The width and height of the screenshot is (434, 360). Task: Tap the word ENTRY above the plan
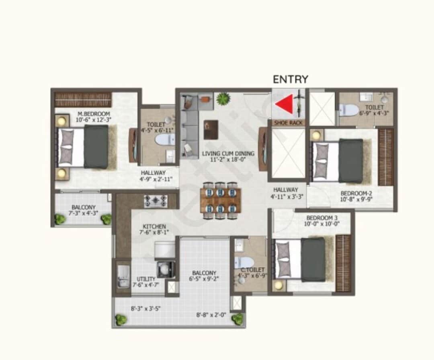pos(291,79)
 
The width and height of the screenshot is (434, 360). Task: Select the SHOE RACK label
pos(288,122)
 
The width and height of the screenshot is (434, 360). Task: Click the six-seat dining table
pos(221,200)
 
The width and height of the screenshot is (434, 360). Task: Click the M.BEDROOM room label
pos(94,114)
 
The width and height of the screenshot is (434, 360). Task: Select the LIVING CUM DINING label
pos(228,153)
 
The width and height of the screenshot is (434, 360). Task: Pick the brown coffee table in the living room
pos(211,130)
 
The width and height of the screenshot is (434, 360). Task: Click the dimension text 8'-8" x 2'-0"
pos(211,315)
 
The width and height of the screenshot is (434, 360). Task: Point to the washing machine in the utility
pos(166,269)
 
